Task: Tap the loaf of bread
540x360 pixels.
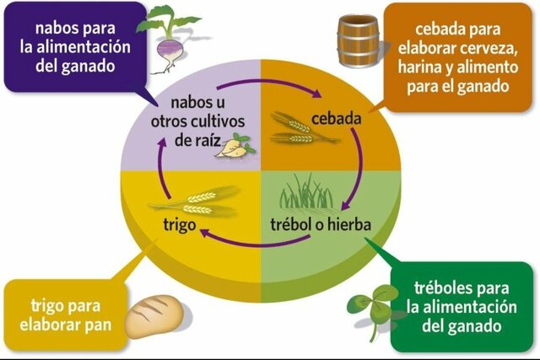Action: pyautogui.click(x=156, y=314)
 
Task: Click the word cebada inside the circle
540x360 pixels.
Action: pyautogui.click(x=336, y=119)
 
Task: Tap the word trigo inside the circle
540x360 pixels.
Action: pyautogui.click(x=181, y=224)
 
